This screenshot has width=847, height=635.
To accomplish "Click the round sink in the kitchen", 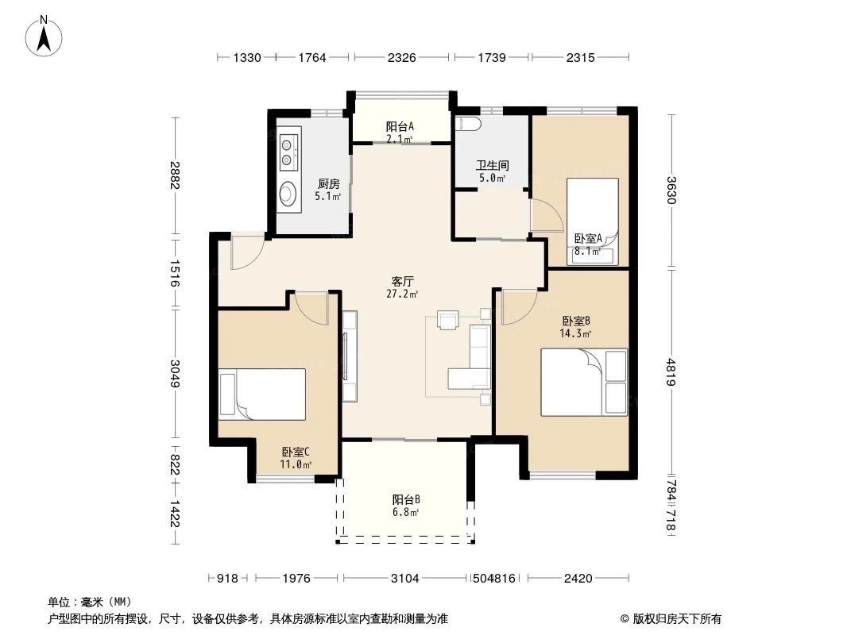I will point(287,194).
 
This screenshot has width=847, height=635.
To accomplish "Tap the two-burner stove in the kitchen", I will point(288,150).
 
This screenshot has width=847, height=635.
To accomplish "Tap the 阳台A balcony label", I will point(400,126).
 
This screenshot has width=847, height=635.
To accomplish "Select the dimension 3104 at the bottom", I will point(405,579).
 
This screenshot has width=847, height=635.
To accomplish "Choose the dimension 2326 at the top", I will point(403,57).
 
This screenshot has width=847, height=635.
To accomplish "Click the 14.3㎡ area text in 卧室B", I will point(576,333).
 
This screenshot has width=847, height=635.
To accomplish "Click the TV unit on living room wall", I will point(350,356).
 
